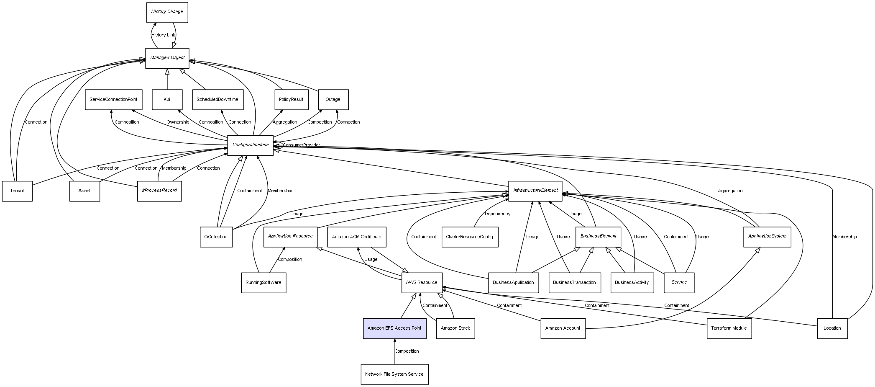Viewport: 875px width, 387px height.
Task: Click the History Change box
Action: pyautogui.click(x=167, y=12)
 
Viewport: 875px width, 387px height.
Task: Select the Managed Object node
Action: pyautogui.click(x=167, y=58)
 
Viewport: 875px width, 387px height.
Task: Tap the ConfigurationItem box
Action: pyautogui.click(x=250, y=145)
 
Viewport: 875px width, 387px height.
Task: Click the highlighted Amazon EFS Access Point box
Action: pyautogui.click(x=394, y=328)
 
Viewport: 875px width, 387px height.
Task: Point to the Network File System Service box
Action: pyautogui.click(x=394, y=374)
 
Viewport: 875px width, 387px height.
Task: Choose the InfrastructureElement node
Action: pyautogui.click(x=535, y=191)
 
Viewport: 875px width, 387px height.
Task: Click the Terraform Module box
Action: pyautogui.click(x=729, y=328)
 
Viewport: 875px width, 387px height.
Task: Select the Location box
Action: pyautogui.click(x=832, y=328)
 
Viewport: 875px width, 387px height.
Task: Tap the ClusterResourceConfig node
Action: pyautogui.click(x=469, y=237)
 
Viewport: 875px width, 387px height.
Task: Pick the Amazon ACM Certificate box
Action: pyautogui.click(x=356, y=237)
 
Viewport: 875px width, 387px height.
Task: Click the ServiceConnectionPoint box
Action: pyautogui.click(x=113, y=99)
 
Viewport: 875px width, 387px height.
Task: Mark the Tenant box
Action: pyautogui.click(x=17, y=191)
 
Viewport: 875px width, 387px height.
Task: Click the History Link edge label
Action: pyautogui.click(x=163, y=35)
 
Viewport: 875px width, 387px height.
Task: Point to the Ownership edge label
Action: pyautogui.click(x=178, y=122)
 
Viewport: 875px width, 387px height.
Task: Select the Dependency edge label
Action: pyautogui.click(x=497, y=214)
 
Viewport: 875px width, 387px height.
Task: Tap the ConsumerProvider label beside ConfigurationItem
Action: pyautogui.click(x=301, y=145)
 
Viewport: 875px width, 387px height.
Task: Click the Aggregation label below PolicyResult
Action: pyautogui.click(x=285, y=122)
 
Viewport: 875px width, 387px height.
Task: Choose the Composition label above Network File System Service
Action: pyautogui.click(x=407, y=351)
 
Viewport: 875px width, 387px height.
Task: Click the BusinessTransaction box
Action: pyautogui.click(x=574, y=282)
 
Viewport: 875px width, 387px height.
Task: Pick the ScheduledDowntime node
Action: pyautogui.click(x=217, y=99)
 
